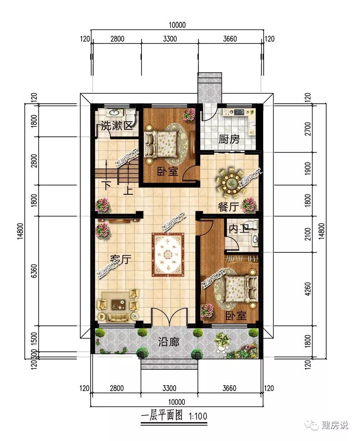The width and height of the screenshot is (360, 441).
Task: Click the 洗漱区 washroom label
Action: tap(117, 126)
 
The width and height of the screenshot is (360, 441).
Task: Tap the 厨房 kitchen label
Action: tap(229, 139)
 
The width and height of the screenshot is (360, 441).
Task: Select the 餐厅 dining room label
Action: tap(228, 207)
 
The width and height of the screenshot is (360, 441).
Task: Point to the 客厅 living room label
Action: tap(121, 259)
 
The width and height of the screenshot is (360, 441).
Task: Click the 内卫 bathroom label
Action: tap(239, 229)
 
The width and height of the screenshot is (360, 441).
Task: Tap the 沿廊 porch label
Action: tap(168, 342)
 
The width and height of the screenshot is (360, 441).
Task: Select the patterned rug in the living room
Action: tap(168, 255)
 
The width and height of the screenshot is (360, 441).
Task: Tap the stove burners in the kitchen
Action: tap(239, 112)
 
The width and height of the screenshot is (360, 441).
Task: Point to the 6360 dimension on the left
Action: tap(34, 271)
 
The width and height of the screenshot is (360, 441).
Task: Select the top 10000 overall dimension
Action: tap(177, 25)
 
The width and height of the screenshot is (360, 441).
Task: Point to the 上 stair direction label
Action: tap(128, 190)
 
